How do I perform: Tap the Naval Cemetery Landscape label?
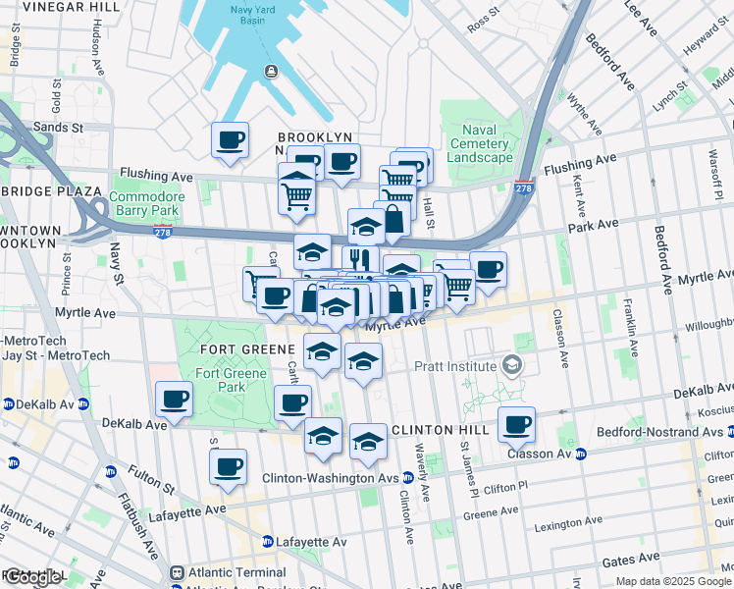(480, 143)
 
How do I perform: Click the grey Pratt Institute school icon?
(511, 365)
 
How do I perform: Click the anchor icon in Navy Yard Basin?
(271, 71)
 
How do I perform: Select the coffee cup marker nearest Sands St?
(231, 139)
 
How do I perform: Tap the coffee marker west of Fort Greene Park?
(175, 399)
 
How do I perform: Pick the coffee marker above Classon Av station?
(516, 424)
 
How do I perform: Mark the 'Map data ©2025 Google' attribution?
(672, 581)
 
